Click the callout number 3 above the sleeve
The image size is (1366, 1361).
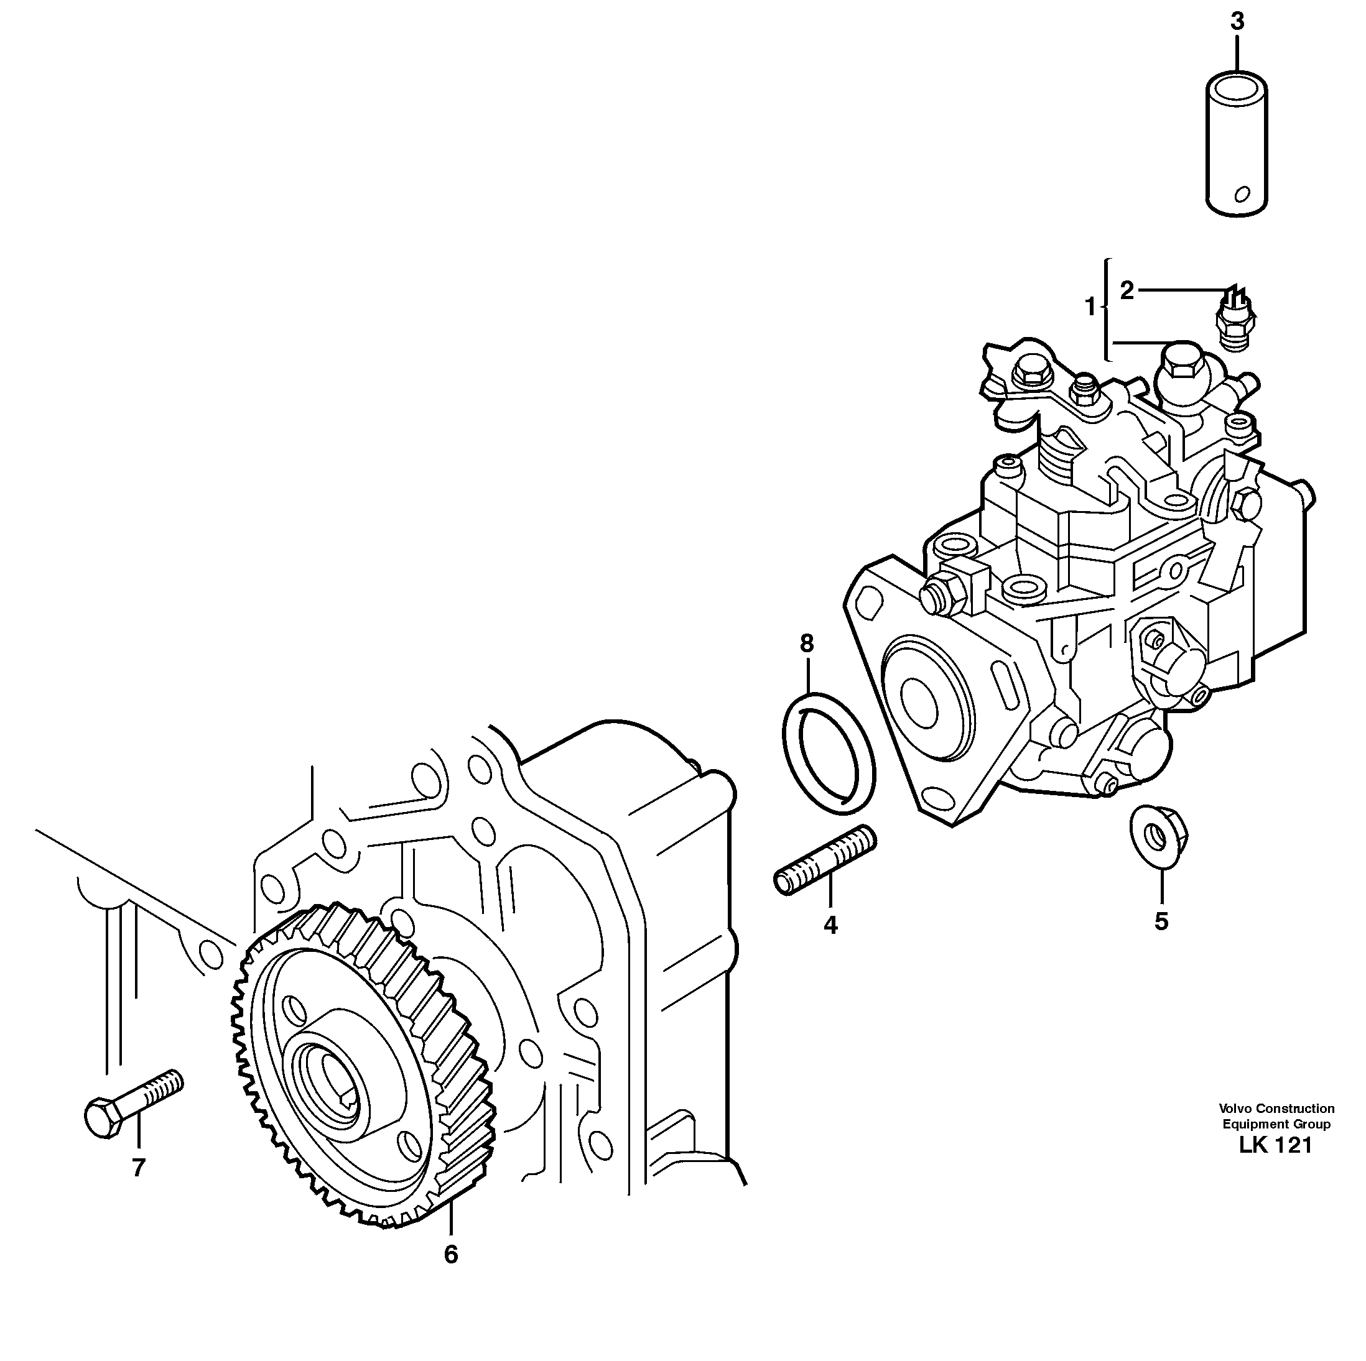coord(1237,22)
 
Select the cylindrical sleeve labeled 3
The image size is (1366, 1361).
coord(1237,141)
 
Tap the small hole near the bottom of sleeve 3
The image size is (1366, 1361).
coord(1242,195)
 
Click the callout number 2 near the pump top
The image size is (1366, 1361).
coord(1127,290)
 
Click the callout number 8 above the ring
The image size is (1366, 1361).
coord(807,644)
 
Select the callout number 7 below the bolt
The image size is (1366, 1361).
coord(139,1168)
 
